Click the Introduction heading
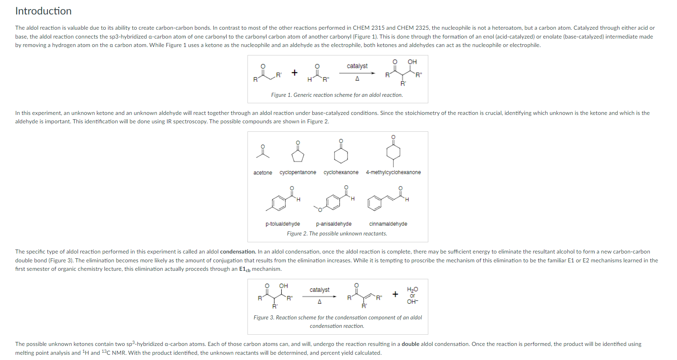click(43, 11)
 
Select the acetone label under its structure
click(263, 173)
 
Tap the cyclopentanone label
click(298, 172)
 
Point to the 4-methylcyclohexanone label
click(393, 172)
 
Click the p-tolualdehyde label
click(282, 224)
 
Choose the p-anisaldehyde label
click(333, 224)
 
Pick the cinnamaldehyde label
click(388, 224)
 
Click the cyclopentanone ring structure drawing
click(298, 155)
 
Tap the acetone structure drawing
click(263, 152)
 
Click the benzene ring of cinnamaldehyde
click(374, 203)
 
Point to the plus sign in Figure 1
click(295, 73)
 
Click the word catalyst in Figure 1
click(357, 66)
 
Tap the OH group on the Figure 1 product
click(412, 62)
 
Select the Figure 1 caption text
click(337, 95)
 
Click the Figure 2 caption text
click(337, 233)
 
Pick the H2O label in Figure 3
click(412, 289)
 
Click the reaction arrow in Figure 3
click(319, 297)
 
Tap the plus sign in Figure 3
click(395, 294)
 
